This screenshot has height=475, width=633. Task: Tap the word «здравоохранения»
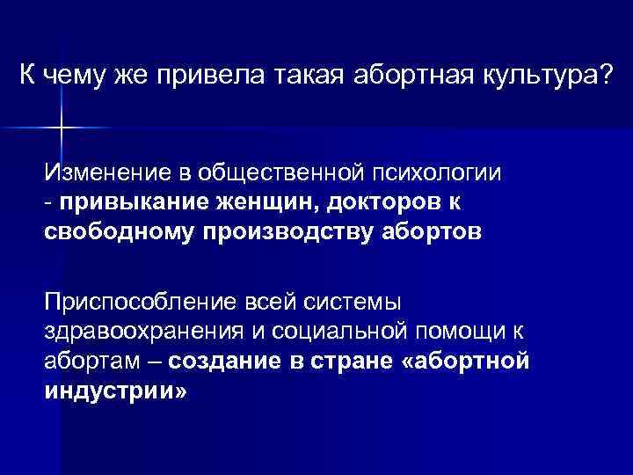(135, 332)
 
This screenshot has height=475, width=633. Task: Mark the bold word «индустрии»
(114, 391)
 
